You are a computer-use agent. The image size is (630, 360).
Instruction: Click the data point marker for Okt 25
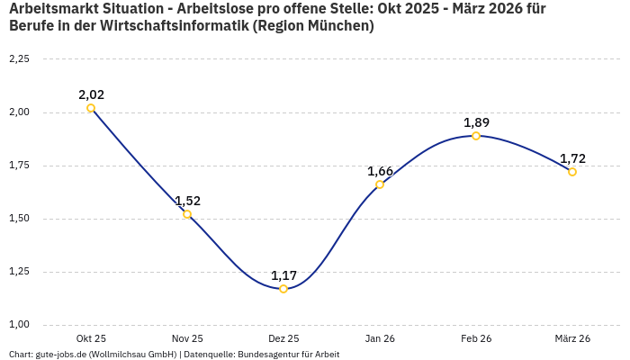91,108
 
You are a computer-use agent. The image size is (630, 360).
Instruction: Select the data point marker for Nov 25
187,214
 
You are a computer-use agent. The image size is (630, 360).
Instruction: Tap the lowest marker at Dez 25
283,289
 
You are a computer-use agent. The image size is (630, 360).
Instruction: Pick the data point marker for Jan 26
380,184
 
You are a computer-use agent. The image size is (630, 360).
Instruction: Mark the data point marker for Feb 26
476,136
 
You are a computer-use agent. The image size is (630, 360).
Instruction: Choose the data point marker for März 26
572,172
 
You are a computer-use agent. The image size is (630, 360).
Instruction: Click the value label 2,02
91,94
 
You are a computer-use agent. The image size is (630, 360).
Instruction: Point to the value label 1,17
283,275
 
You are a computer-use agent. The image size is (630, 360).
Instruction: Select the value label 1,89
476,122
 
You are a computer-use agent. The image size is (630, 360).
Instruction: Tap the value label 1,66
380,171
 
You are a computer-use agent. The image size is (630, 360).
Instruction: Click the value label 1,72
572,158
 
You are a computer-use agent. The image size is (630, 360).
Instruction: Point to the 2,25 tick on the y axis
19,59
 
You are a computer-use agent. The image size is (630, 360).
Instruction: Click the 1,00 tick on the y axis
19,325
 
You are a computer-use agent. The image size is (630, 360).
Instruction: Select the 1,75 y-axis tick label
19,166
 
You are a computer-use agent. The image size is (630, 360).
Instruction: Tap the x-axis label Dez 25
283,338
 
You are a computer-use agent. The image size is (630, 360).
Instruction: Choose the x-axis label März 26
572,338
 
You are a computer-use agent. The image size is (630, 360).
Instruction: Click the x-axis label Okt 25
91,338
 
